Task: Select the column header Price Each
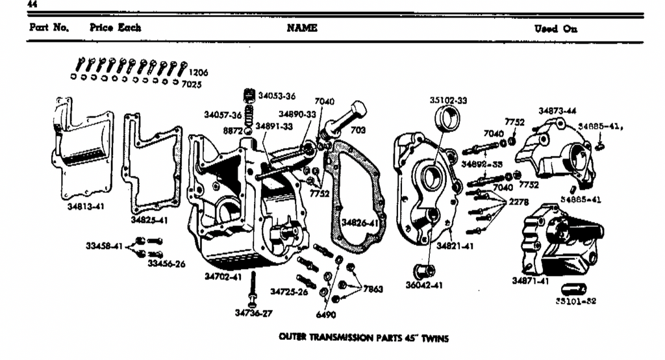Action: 116,29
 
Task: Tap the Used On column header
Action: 555,29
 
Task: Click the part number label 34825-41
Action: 150,220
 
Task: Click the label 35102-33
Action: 449,101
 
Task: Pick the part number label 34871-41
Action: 531,281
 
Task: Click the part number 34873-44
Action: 558,111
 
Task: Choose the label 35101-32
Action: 576,302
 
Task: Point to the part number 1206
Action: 198,73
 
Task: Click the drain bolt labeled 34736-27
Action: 253,289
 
